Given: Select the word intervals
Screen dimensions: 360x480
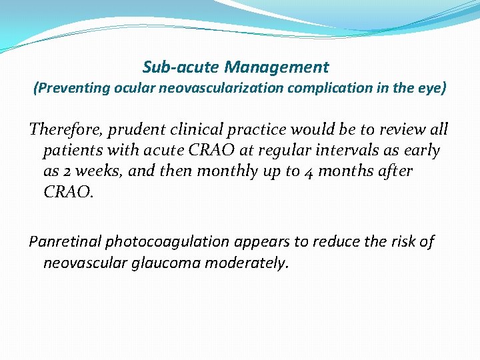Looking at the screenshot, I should point(343,151).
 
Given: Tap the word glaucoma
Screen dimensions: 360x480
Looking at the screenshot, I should point(169,263).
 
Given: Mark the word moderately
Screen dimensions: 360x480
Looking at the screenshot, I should point(247,263).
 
